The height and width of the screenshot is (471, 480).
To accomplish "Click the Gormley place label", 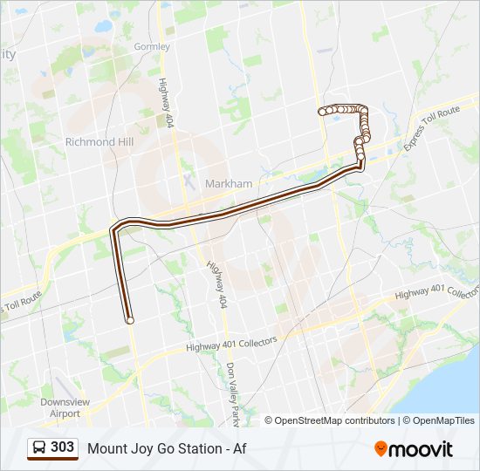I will click(152, 46).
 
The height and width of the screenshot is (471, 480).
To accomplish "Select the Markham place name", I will click(229, 184).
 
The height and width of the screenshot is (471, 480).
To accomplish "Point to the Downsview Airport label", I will click(65, 407).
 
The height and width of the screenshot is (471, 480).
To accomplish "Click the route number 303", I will click(62, 447).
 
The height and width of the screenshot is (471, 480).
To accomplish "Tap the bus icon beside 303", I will click(39, 448).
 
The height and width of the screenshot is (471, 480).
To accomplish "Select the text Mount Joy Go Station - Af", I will click(166, 448).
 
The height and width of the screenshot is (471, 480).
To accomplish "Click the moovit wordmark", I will click(422, 448).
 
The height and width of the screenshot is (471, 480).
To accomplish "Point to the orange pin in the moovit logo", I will click(381, 448).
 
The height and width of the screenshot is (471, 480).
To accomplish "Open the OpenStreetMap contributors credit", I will click(335, 420).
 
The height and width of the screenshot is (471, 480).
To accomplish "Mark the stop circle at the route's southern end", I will click(130, 320).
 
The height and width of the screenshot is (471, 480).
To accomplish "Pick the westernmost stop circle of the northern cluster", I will click(323, 111).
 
